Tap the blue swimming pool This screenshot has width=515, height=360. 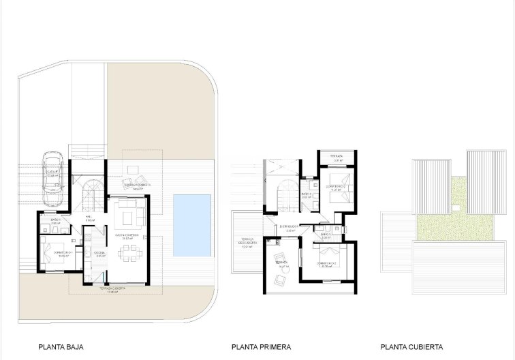(191, 225)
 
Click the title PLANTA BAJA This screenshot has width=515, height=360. (61, 346)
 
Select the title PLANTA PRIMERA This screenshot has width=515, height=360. (261, 346)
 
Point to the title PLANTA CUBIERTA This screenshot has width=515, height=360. (411, 346)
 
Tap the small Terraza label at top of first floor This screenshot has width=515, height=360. (337, 156)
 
